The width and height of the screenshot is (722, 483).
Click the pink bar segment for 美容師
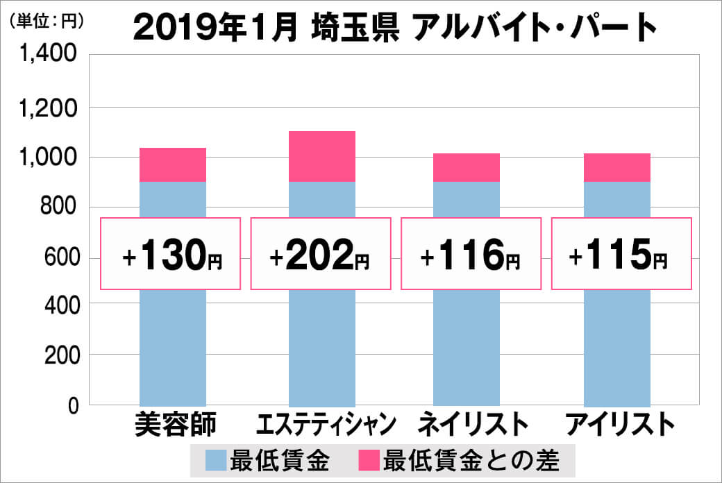(x=173, y=165)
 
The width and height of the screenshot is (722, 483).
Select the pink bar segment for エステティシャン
(x=321, y=157)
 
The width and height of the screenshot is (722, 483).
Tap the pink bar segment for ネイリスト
(x=466, y=167)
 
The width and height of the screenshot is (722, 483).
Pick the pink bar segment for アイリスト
(x=616, y=167)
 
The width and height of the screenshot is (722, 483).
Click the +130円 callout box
(x=171, y=253)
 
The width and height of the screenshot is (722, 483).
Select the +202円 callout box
(x=320, y=253)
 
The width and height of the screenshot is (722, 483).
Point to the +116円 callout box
(x=470, y=253)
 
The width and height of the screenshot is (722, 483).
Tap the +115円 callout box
(x=621, y=253)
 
